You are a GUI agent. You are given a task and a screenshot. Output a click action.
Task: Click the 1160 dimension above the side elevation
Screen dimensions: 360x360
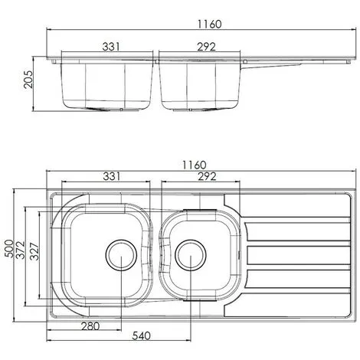[203, 24]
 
